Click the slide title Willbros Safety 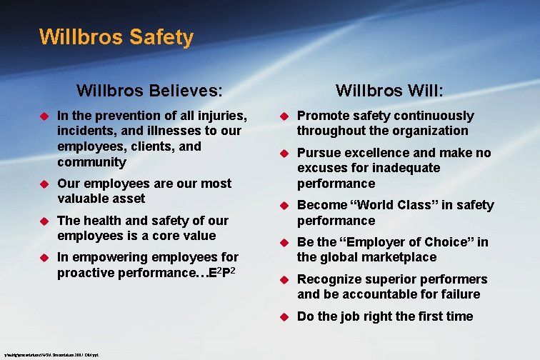116,36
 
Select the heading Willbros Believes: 149,91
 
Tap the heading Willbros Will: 389,91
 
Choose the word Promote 323,116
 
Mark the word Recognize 328,279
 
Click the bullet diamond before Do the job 282,316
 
